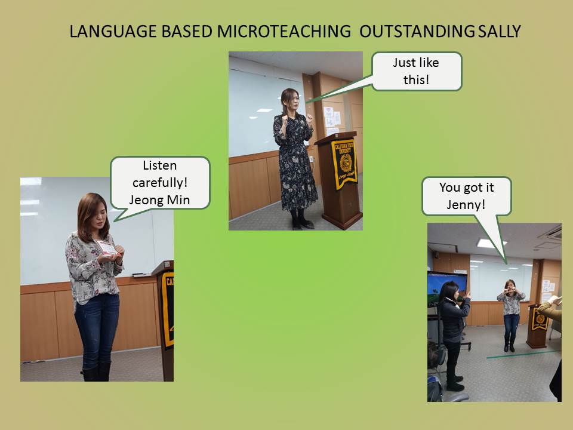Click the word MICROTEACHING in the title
(x=284, y=32)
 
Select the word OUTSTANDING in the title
(x=417, y=32)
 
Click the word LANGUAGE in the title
(x=113, y=32)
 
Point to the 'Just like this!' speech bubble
(x=417, y=71)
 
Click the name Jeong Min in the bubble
(x=160, y=201)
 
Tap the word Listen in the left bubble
(x=160, y=165)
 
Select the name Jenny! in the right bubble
(x=466, y=205)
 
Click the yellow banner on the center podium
(x=344, y=164)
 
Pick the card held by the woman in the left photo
(x=106, y=247)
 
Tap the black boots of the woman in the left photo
(x=96, y=372)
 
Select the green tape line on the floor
(x=523, y=354)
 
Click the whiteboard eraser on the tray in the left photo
(x=141, y=275)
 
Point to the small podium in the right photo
(x=538, y=326)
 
